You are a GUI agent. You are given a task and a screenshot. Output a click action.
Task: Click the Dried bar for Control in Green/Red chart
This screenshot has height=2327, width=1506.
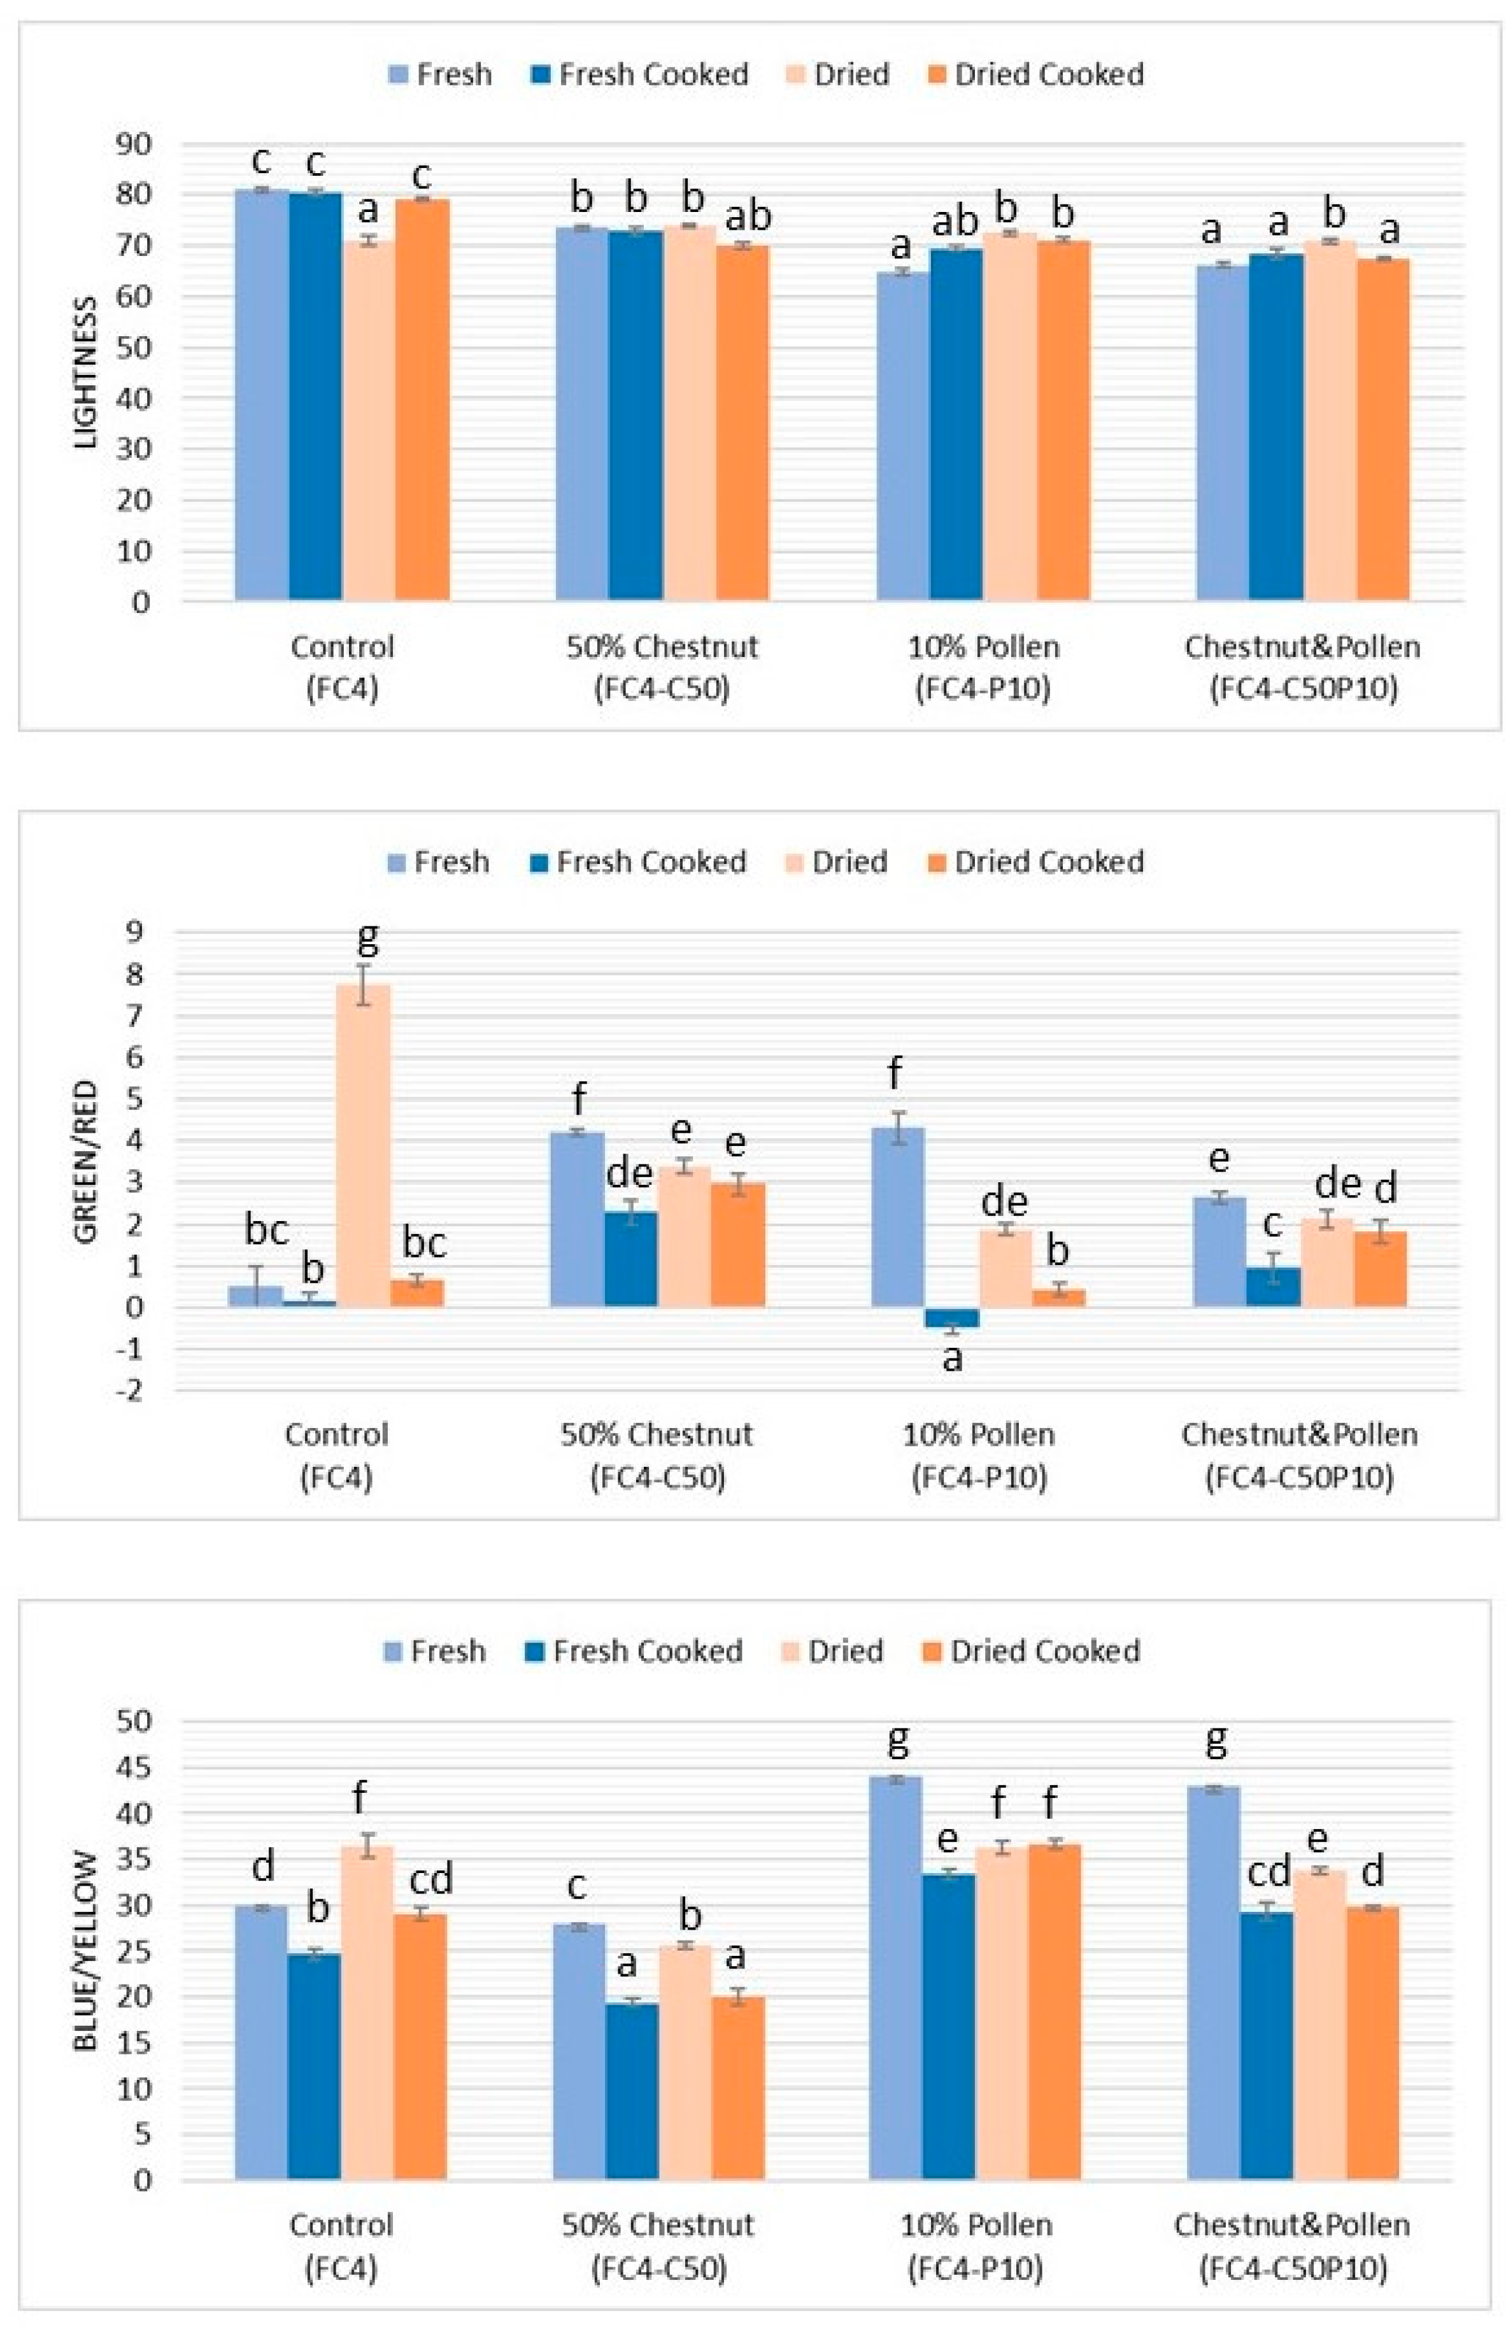[x=363, y=1144]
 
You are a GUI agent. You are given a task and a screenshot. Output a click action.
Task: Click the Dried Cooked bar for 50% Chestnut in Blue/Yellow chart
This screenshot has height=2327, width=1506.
[x=737, y=2088]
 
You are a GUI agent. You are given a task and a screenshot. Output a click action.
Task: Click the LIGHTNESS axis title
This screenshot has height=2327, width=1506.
[x=88, y=372]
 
